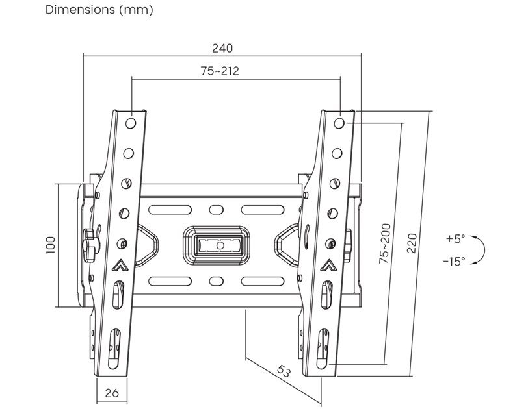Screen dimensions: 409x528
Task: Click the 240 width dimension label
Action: click(222, 48)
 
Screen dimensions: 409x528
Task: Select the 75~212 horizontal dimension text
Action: click(220, 71)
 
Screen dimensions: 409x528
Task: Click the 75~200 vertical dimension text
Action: click(386, 243)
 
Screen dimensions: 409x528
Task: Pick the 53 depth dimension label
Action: click(283, 372)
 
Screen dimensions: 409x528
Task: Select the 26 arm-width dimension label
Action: click(111, 392)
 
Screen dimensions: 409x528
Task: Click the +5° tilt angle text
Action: click(456, 238)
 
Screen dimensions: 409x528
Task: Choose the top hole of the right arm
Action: click(339, 122)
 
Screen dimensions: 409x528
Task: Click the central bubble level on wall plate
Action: click(218, 245)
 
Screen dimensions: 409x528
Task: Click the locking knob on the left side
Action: click(91, 242)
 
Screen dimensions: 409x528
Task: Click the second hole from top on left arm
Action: click(129, 153)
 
